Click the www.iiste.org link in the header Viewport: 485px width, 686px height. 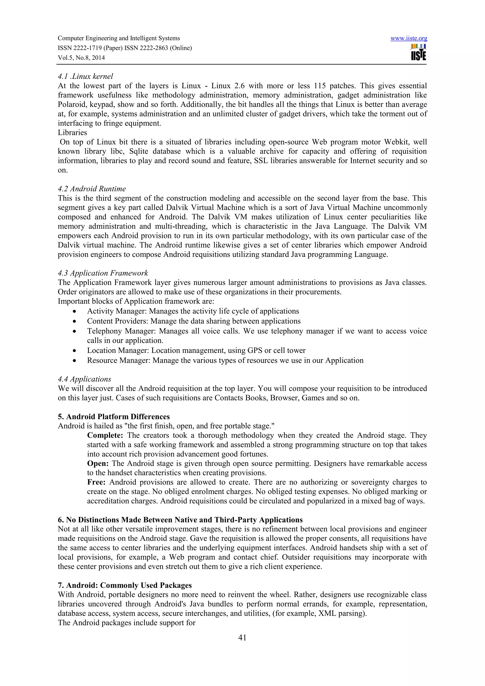point(409,38)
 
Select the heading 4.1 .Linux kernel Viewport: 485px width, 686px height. point(85,76)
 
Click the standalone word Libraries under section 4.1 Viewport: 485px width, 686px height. point(72,133)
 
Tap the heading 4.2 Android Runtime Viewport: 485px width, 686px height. point(92,189)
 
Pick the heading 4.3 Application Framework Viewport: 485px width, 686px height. point(103,273)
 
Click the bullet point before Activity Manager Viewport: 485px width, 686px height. point(74,312)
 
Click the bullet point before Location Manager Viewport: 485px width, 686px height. point(74,351)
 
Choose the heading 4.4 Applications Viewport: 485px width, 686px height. point(84,379)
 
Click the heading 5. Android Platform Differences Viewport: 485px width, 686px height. point(114,417)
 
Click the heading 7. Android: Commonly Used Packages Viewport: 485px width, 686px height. point(125,585)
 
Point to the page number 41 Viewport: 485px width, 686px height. point(242,638)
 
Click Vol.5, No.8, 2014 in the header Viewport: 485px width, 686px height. point(81,58)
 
